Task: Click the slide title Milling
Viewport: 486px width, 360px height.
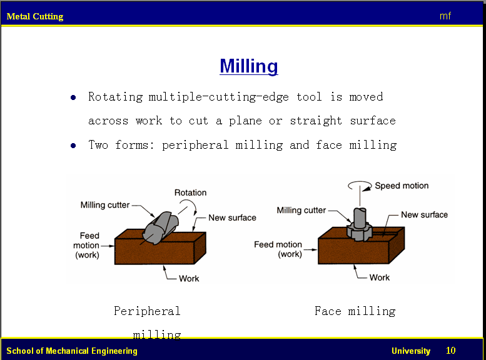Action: pos(249,66)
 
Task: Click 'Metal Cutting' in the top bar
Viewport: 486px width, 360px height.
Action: pos(35,16)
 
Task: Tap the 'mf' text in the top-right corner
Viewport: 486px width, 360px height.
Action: pos(445,16)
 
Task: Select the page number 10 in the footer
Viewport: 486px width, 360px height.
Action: pos(451,351)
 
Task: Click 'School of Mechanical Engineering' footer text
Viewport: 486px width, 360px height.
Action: pos(72,351)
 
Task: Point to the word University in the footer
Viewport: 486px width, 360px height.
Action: pos(411,351)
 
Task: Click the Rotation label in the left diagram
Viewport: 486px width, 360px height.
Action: pos(190,192)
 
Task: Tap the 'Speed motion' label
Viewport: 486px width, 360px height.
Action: pos(402,186)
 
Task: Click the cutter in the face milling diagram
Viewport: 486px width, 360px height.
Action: pos(359,225)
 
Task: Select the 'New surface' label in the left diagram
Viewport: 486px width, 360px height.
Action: pos(232,217)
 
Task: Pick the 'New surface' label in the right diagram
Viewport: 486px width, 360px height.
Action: pos(424,214)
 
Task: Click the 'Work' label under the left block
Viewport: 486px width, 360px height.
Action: pos(189,278)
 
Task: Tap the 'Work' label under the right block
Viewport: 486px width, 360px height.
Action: pos(379,277)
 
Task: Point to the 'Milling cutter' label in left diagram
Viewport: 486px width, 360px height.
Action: pos(106,205)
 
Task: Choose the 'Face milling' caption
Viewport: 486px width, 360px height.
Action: pos(355,311)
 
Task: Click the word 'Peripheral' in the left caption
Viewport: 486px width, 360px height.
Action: pos(147,311)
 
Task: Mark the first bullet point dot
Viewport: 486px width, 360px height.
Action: pos(73,97)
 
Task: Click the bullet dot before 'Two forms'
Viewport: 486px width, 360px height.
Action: pos(73,146)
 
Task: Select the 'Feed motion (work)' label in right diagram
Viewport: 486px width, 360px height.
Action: pos(278,249)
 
